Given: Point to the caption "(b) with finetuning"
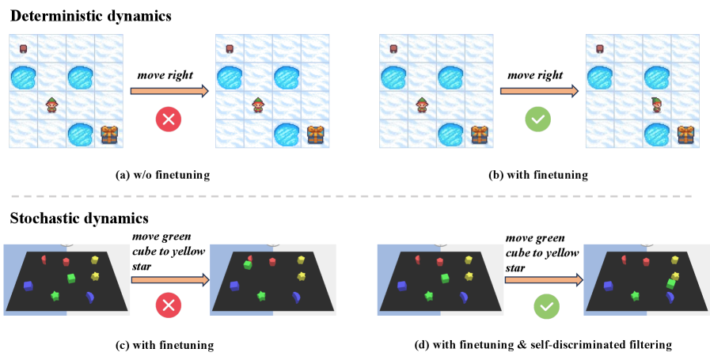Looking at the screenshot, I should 541,174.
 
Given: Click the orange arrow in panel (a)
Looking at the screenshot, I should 169,92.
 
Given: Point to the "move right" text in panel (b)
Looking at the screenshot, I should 535,75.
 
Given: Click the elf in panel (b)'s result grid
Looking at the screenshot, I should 656,104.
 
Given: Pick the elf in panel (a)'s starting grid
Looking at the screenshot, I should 51,104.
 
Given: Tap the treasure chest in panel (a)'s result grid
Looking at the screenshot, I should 317,133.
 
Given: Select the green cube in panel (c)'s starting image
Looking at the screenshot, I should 71,277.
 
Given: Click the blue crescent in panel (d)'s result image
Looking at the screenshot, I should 670,297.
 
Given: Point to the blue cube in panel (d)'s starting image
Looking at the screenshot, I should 401,285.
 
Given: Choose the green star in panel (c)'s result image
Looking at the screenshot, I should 262,295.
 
